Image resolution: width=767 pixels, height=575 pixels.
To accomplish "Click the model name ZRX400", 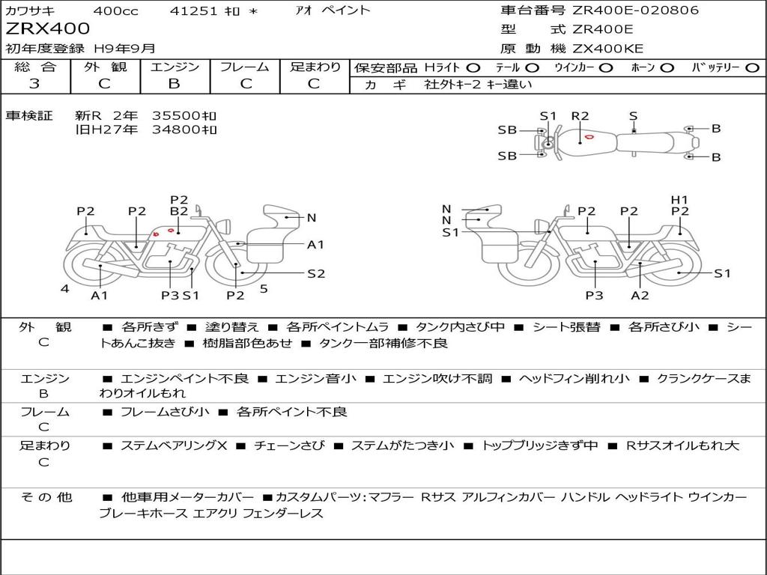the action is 47,29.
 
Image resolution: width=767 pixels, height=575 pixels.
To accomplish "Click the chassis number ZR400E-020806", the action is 635,10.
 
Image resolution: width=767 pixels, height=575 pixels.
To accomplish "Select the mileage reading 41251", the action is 193,10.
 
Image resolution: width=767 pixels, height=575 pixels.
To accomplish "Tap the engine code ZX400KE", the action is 607,49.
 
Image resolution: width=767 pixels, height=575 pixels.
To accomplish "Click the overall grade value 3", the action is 34,84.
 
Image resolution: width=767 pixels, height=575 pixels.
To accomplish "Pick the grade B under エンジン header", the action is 174,84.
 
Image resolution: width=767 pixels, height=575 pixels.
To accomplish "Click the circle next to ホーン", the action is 667,68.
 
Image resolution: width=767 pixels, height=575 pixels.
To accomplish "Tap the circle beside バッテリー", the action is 752,68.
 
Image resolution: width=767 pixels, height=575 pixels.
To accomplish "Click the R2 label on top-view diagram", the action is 580,116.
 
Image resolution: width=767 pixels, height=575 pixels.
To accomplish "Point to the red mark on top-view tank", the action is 589,137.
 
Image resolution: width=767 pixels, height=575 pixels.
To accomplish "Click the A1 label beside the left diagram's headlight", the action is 315,244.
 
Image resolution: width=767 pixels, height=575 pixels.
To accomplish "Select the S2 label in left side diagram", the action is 316,273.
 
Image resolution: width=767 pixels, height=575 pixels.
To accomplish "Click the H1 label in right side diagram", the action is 679,199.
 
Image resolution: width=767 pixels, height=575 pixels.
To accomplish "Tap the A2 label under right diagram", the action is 640,295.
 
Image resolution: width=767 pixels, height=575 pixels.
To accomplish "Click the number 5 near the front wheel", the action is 264,289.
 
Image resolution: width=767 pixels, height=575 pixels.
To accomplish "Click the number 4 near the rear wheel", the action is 65,288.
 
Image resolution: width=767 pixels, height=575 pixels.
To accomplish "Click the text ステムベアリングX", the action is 174,445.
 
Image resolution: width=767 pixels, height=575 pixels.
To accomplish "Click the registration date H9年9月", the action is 124,49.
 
